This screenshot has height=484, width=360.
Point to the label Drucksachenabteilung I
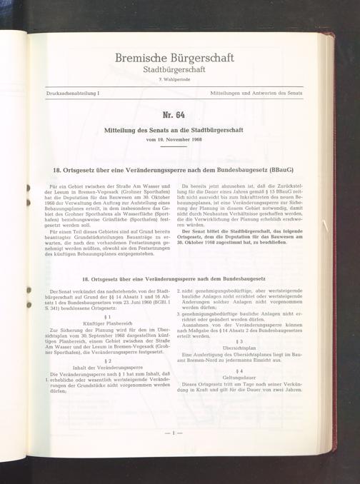coord(69,94)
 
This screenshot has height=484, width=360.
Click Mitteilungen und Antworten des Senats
coord(256,94)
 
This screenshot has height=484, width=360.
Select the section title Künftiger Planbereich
coord(108,323)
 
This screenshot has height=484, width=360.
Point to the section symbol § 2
coord(108,361)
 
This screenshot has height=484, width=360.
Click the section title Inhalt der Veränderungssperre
coord(108,368)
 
